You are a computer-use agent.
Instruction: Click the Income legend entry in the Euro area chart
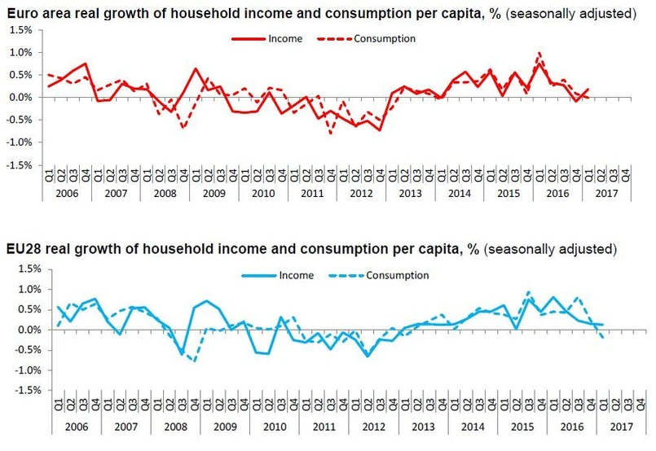pyautogui.click(x=285, y=38)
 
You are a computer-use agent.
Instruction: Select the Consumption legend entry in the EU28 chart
pyautogui.click(x=398, y=275)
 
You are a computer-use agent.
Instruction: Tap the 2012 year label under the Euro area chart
pyautogui.click(x=361, y=195)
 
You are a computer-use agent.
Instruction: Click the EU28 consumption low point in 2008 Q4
pyautogui.click(x=196, y=361)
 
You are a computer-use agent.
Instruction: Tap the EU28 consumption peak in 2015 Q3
pyautogui.click(x=528, y=291)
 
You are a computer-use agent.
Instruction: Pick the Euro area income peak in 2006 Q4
pyautogui.click(x=86, y=63)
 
